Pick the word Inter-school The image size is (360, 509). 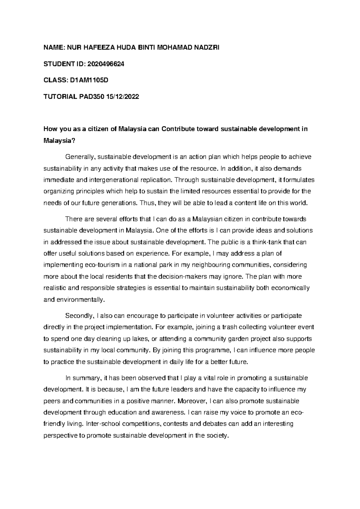tap(103, 424)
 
